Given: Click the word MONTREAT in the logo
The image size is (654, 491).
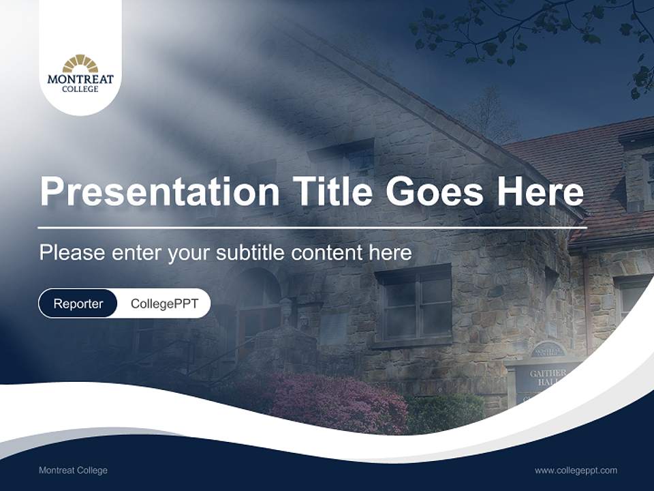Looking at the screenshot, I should point(80,80).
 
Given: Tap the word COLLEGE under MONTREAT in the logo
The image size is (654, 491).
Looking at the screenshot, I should point(80,89).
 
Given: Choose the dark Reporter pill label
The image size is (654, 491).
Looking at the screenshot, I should point(78,303).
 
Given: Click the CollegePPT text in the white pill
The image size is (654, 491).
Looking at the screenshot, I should point(164,303).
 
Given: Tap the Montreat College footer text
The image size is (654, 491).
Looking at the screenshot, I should point(73,470).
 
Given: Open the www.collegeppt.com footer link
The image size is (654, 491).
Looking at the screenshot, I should point(576,470).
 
